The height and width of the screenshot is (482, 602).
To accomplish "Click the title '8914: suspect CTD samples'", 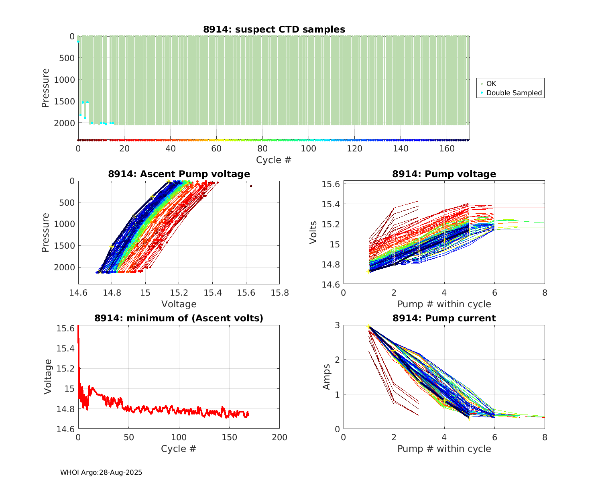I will [x=274, y=29].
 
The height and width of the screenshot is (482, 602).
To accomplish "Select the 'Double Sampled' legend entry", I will [x=514, y=93].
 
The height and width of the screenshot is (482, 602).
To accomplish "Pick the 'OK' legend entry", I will [x=491, y=84].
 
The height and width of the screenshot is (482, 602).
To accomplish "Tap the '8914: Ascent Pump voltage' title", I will [x=179, y=174].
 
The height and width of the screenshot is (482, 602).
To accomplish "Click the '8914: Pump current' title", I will [x=444, y=318].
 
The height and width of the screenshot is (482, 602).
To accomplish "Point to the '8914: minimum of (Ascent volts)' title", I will [x=179, y=318].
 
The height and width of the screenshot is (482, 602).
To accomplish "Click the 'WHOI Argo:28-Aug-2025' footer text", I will [x=101, y=472].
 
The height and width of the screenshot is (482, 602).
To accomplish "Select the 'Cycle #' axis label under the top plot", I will [x=274, y=160].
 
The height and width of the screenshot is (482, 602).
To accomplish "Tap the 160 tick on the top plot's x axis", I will [x=447, y=149].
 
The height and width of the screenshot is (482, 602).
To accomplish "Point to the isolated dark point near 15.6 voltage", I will [x=251, y=186].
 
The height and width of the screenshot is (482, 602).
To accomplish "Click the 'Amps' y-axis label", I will [x=327, y=377].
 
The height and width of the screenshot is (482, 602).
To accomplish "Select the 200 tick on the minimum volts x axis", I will [x=279, y=437].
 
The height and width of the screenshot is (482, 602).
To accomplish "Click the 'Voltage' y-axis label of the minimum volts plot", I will [x=48, y=377].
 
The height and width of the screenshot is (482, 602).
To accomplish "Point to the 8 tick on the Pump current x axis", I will [x=545, y=437].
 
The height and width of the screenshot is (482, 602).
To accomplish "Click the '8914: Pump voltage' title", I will [x=444, y=174].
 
